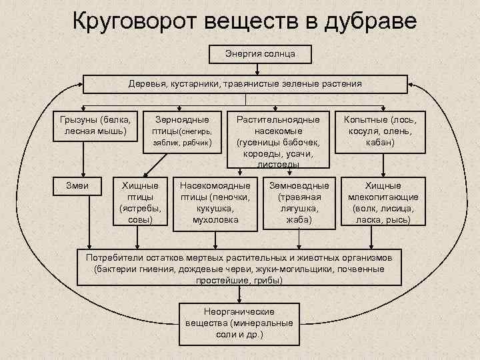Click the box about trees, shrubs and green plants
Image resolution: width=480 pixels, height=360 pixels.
[245, 84]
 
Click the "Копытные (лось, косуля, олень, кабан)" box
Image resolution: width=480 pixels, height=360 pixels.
[381, 130]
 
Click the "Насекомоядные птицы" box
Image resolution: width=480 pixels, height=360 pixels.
[215, 202]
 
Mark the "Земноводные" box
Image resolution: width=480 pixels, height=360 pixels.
[298, 202]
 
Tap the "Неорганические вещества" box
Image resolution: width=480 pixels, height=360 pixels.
[239, 322]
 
